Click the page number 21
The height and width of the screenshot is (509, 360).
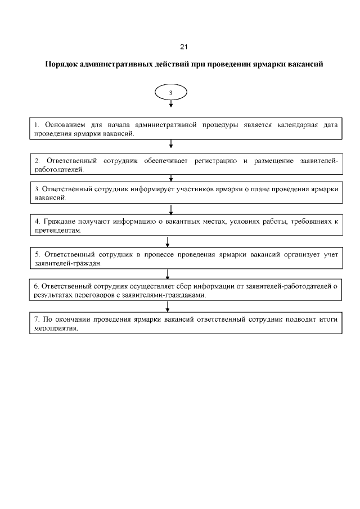184,46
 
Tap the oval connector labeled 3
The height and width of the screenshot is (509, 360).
171,92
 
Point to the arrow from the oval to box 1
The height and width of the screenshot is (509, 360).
171,104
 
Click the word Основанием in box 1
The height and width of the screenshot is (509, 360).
59,124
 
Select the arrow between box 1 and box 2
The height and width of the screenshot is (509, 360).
170,145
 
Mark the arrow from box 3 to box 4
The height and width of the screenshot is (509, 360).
170,210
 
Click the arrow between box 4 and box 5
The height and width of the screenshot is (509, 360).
168,242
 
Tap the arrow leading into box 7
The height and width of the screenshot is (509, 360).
168,306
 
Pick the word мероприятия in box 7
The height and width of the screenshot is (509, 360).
55,328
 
